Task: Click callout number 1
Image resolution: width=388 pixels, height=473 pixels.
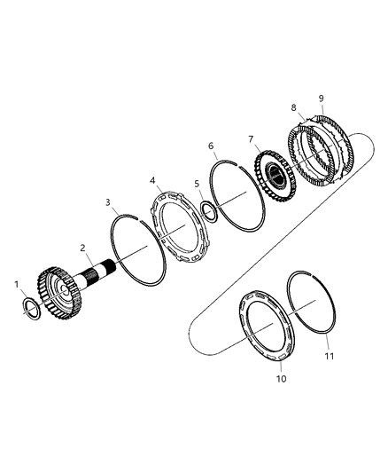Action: click(17, 285)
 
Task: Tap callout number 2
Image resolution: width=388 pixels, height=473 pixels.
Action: click(82, 248)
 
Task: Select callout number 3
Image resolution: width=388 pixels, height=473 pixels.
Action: click(108, 202)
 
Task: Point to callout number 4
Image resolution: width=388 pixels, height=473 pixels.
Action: click(152, 181)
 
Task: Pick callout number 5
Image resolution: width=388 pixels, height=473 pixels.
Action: click(197, 184)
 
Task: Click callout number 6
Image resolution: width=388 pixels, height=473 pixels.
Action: click(211, 146)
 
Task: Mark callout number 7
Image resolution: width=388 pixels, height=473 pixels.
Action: click(251, 139)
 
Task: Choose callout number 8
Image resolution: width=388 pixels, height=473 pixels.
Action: click(294, 107)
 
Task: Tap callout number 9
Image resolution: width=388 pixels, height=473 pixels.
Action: click(322, 99)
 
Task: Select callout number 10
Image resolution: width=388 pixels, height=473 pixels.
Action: click(282, 379)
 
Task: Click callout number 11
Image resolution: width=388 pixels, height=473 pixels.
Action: click(330, 356)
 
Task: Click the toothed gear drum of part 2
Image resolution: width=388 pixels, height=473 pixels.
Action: click(58, 293)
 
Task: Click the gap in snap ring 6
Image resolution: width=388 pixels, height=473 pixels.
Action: click(237, 164)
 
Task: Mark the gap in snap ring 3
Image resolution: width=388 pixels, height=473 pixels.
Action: click(139, 218)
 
